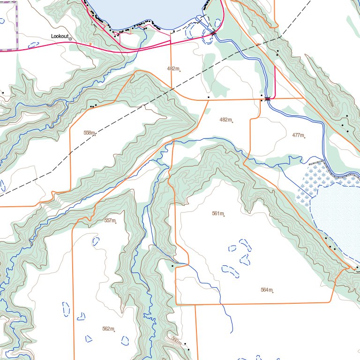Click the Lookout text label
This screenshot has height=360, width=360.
coord(60,36)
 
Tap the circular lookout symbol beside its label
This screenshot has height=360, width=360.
coord(71,39)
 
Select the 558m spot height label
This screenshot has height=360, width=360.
coord(89,133)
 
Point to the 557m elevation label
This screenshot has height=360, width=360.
coord(109,220)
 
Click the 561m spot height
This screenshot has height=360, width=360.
coord(217,213)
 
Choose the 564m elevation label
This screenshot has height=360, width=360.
coord(266,290)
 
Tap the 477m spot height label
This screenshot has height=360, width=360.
coord(298,135)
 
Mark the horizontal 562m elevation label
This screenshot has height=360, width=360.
coord(108,329)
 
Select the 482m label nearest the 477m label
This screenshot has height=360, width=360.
coord(225,120)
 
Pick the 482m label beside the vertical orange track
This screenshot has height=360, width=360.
coord(173,68)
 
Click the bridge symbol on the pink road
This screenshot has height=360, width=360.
coord(214,33)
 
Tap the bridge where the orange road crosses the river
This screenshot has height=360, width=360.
coord(267,98)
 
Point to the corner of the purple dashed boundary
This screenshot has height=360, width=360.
coord(17,49)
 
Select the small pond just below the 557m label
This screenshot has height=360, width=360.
coord(96,242)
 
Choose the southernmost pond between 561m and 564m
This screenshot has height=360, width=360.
coord(230,270)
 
